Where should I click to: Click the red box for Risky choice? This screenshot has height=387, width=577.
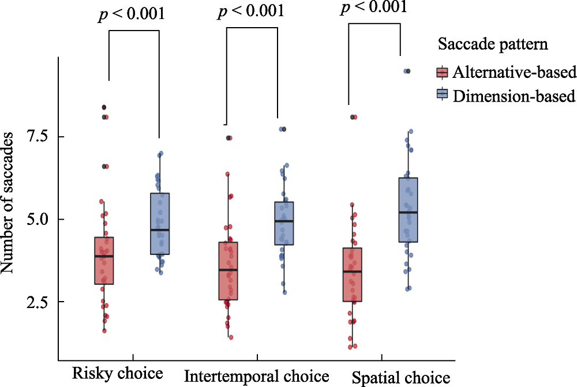pos(104,261)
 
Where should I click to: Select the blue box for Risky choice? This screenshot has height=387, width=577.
pos(159,224)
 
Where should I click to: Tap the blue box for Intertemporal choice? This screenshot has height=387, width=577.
pos(283,223)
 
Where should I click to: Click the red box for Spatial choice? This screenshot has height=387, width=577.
pos(352,275)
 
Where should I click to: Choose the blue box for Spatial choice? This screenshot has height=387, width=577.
pos(408,210)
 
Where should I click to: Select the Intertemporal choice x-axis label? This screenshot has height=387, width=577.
pos(257,377)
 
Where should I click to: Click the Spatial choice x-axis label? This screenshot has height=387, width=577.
pos(400,378)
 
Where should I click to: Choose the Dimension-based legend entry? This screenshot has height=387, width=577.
pos(514,96)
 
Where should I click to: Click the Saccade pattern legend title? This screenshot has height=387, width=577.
pos(492,44)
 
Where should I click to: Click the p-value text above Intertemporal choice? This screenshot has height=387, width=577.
pos(251,12)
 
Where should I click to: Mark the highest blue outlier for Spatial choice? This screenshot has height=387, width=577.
pos(407,71)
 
